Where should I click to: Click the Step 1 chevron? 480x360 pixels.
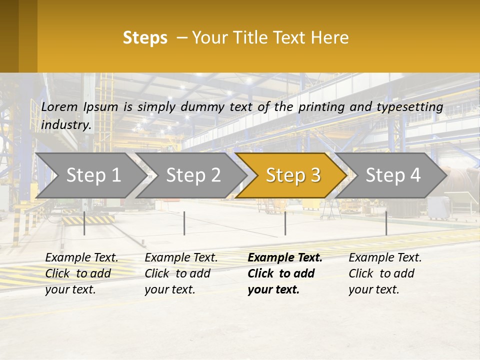(90, 175)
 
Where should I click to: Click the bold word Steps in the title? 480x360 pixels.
(145, 37)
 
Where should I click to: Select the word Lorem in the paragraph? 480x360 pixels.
(59, 106)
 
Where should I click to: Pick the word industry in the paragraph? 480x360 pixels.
(66, 124)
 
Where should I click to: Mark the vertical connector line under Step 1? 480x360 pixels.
(84, 223)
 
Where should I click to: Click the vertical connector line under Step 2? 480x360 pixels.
(184, 223)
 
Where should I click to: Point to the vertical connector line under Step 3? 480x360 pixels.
(285, 223)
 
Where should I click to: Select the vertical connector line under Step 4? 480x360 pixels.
(386, 223)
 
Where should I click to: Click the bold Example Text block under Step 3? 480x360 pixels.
(284, 273)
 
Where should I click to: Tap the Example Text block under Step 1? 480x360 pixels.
(81, 273)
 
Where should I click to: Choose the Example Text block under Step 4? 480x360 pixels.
(385, 273)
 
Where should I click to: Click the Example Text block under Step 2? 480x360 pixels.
(181, 273)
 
